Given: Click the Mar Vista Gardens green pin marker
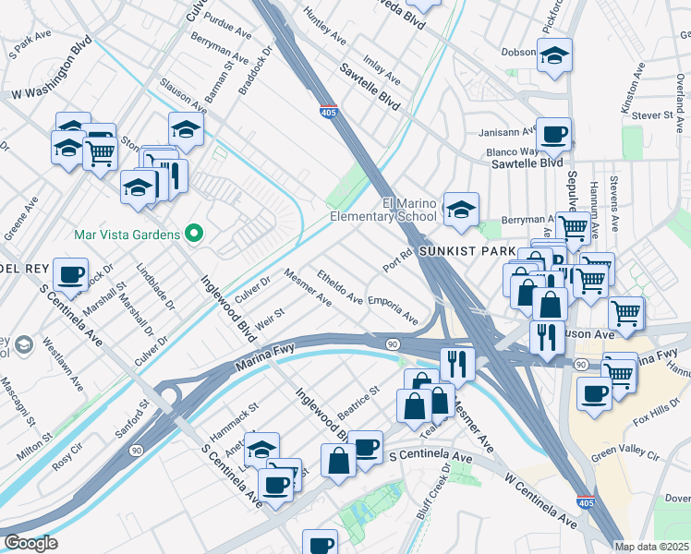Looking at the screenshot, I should click(x=193, y=235).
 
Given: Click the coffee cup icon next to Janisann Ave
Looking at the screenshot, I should click(x=553, y=134).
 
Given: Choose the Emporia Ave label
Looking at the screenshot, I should click(x=393, y=310).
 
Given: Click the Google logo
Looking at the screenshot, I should click(x=30, y=543).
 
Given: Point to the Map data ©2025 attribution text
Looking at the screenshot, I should click(x=651, y=547).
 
